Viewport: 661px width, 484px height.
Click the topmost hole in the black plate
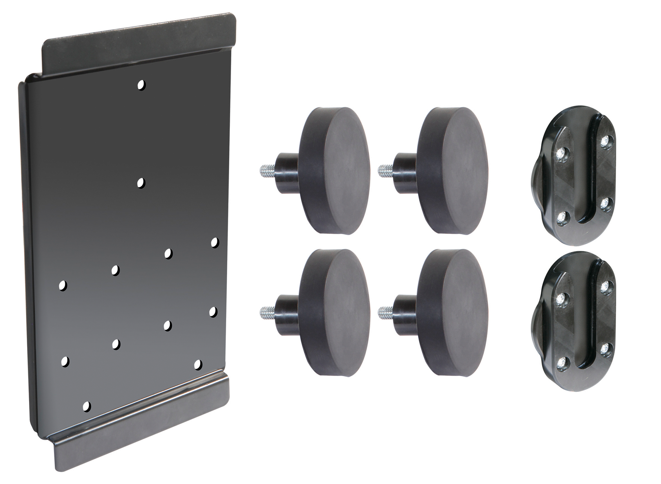point(141,85)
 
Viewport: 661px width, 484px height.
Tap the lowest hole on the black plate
point(86,406)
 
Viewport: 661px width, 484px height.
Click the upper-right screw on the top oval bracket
point(605,141)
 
